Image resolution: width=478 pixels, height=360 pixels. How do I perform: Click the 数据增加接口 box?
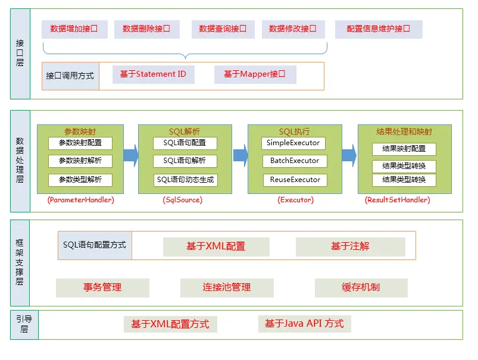pos(74,29)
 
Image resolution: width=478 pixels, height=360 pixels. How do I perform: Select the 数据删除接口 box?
pos(146,29)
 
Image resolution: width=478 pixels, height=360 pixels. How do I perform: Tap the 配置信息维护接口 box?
pos(379,29)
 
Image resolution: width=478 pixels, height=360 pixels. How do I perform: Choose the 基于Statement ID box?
pos(153,74)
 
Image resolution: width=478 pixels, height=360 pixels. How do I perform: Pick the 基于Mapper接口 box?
pos(255,74)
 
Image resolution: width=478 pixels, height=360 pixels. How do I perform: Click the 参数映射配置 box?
pos(80,143)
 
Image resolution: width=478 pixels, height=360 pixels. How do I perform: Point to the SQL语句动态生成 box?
pos(185,180)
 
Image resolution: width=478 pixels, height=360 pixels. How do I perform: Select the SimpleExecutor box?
pos(293,143)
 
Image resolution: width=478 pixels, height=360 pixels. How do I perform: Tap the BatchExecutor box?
pos(294,161)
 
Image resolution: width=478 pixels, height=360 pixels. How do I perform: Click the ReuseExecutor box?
pos(294,180)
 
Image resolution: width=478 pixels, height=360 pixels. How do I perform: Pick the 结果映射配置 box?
pos(404,149)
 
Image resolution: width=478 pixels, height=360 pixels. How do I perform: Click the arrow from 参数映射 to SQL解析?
pos(131,156)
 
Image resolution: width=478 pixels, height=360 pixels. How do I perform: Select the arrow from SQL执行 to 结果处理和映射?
pos(349,156)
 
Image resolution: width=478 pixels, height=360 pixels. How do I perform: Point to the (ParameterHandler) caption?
pos(80,201)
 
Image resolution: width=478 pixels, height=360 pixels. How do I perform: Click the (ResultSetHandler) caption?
pos(397,201)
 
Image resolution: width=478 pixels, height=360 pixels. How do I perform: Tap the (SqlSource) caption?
pos(182,201)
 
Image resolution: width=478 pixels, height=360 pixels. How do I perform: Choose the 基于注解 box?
pos(350,246)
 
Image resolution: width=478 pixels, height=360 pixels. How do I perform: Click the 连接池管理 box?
pos(226,287)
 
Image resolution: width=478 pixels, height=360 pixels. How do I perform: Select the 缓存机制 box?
pos(361,287)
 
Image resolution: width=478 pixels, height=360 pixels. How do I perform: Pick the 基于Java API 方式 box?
pos(304,324)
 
